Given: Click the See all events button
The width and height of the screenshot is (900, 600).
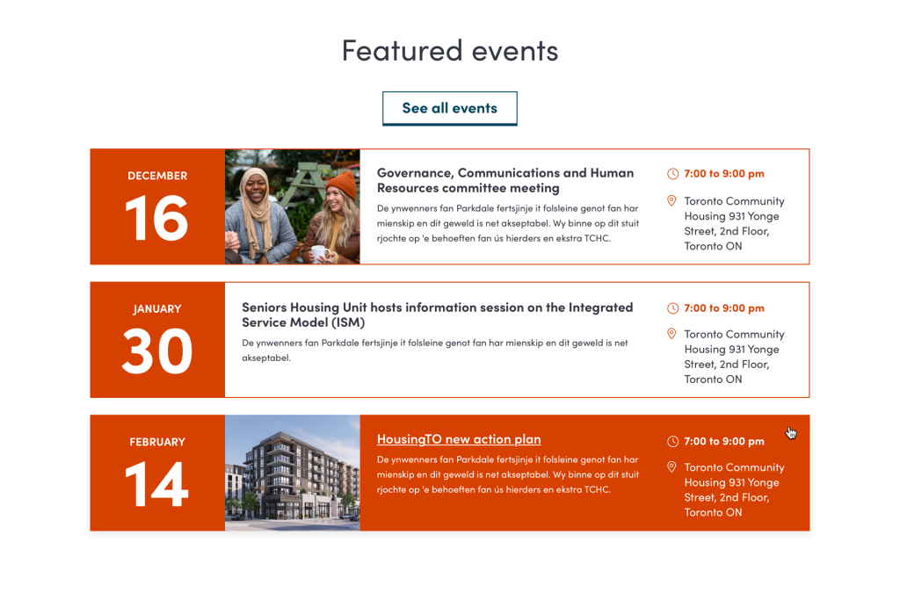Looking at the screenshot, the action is (449, 108).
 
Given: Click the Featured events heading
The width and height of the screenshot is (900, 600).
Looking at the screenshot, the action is (450, 50).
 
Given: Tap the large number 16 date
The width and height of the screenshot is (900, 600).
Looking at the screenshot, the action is (156, 218).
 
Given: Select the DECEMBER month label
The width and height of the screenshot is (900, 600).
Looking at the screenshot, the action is (157, 176).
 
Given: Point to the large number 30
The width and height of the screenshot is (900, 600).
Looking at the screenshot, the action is (156, 351).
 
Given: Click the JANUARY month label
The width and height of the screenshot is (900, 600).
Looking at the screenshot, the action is (157, 309).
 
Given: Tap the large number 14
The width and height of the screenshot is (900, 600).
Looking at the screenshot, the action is (156, 484).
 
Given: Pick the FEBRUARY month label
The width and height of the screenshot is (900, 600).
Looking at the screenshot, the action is (157, 442).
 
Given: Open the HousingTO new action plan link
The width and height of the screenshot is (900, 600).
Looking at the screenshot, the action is (459, 439).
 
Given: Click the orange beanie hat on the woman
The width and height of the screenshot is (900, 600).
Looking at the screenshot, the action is (342, 184).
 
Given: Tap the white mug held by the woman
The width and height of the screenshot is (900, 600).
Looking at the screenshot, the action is (319, 254).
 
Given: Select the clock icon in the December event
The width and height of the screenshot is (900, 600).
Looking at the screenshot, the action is (672, 174).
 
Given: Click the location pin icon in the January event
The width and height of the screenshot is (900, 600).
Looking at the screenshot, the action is (671, 334).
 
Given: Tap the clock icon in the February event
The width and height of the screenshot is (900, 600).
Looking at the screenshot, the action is (672, 441).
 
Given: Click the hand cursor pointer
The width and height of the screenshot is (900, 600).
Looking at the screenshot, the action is (792, 433).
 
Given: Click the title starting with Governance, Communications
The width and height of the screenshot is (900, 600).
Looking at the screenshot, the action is (505, 180).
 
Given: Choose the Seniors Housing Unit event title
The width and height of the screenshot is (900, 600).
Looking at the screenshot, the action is (438, 314).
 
